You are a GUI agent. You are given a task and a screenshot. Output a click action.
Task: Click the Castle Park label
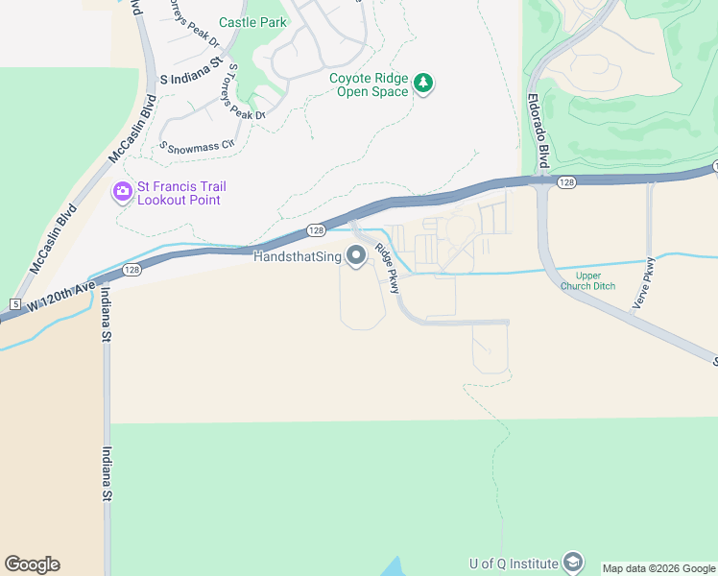[x=252, y=22]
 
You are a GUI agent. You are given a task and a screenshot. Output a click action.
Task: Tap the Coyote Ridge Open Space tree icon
[x=423, y=84]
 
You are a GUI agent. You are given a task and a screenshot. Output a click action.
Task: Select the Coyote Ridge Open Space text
[x=370, y=84]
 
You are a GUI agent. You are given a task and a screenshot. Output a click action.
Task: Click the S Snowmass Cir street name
[x=197, y=147]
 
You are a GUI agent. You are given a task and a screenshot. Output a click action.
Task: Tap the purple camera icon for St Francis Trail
[x=122, y=192]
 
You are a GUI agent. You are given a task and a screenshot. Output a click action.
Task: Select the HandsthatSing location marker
[x=357, y=256]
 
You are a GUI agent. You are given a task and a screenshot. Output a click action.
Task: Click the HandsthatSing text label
[x=297, y=256]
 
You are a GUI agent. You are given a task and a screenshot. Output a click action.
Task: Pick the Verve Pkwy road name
[x=642, y=284]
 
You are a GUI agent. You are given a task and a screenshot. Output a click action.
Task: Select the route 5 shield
[x=14, y=304]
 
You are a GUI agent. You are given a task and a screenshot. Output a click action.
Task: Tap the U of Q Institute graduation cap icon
[x=573, y=562]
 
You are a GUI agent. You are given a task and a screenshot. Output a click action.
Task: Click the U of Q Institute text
[x=514, y=564]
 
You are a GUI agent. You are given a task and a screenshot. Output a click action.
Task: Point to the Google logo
[x=32, y=564]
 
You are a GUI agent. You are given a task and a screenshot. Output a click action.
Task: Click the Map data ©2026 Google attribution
[x=659, y=568]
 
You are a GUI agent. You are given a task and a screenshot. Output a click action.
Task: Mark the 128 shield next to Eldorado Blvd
[x=565, y=182]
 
